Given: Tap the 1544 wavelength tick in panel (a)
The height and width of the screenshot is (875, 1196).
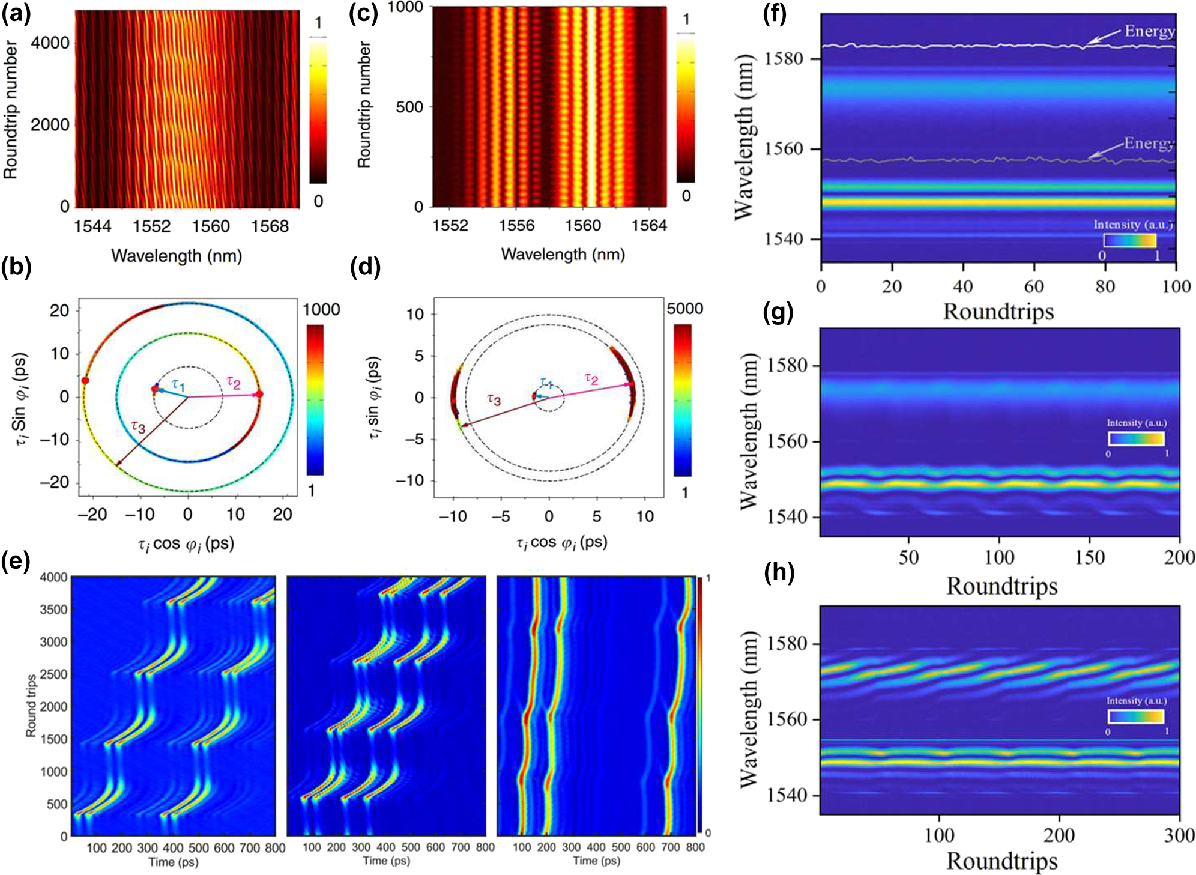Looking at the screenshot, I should (92, 226).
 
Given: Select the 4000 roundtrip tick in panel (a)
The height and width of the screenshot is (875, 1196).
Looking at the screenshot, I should (50, 43).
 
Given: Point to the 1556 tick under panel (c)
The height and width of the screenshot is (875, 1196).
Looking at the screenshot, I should (516, 225).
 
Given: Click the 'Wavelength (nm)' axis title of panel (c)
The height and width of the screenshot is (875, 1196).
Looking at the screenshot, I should (563, 255).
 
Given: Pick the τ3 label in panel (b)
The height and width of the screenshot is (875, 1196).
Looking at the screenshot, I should (138, 427).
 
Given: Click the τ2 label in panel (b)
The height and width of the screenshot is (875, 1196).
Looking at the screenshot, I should (233, 382).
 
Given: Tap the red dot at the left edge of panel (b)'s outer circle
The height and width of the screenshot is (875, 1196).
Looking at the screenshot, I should (85, 381).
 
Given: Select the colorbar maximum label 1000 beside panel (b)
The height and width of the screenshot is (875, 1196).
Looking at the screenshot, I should (321, 310).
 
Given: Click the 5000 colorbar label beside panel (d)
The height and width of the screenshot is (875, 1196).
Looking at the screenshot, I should (684, 309).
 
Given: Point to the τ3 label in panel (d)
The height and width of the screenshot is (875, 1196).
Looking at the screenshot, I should (494, 399).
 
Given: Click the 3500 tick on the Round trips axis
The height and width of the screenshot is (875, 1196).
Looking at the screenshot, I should (53, 610).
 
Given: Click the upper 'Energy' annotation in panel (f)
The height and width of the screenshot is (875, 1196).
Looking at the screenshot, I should (1149, 31).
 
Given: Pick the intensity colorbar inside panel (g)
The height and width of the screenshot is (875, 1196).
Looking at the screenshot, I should (1136, 438).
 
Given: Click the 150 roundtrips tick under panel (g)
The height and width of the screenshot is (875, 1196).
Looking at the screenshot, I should (1090, 557).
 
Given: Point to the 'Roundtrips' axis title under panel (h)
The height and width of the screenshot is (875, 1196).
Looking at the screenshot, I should (1001, 861).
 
